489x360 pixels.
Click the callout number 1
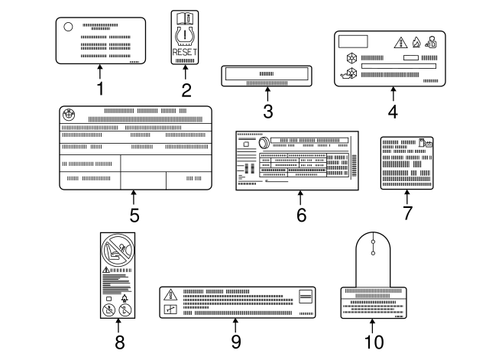(99, 89)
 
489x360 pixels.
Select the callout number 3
(267, 112)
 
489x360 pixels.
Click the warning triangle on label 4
(400, 42)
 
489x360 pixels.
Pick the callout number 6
(301, 216)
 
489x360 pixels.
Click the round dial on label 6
(264, 142)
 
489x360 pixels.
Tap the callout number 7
(407, 213)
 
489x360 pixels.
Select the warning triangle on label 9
(170, 294)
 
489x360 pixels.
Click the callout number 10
(374, 342)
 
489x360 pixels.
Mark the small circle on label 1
(68, 27)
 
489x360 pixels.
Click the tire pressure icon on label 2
(184, 35)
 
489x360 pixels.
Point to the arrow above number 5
(134, 199)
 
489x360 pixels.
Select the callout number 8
(118, 341)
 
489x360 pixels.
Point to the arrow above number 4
(393, 95)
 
